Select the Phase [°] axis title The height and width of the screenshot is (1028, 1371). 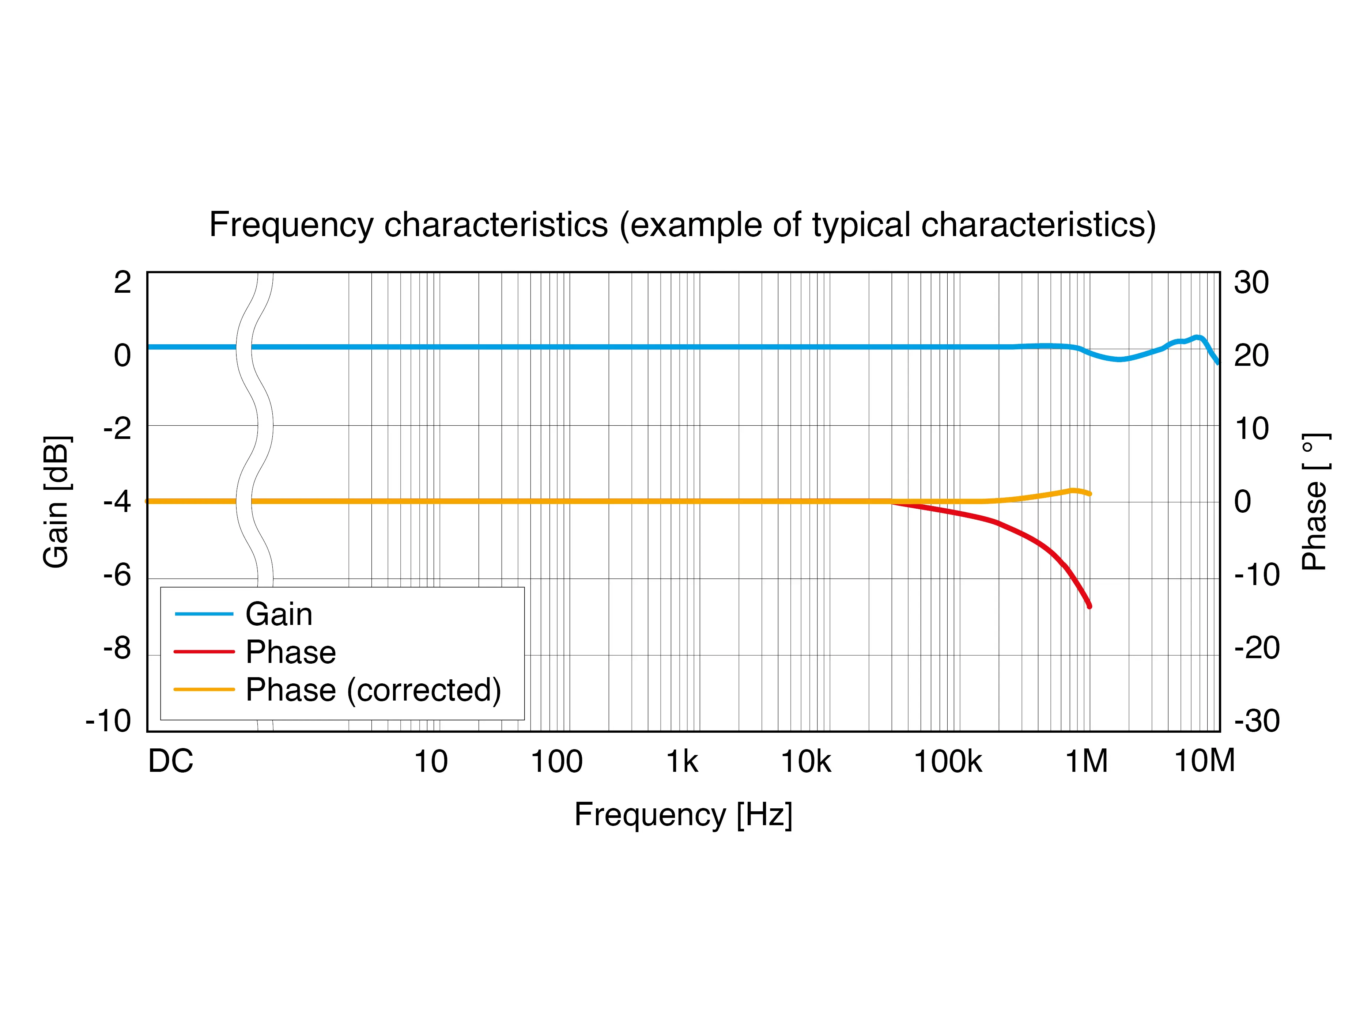tap(1314, 501)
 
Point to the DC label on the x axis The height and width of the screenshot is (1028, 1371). tap(170, 762)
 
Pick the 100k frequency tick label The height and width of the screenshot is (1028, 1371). tap(948, 762)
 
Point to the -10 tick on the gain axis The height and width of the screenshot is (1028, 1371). tap(109, 721)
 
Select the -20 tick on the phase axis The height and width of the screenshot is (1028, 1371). tap(1256, 648)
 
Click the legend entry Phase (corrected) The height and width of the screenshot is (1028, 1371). tap(373, 690)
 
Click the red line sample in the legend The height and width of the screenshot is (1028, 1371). tap(204, 652)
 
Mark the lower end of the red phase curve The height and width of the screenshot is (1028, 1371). tap(1089, 606)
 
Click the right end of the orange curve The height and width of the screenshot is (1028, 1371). tap(1089, 494)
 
